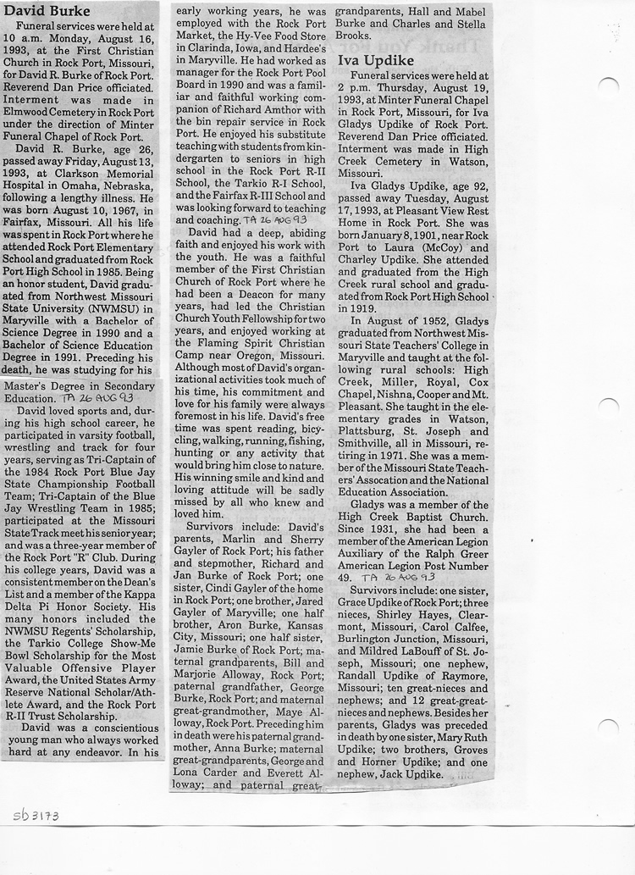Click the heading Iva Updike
(378, 61)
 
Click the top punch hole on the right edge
(608, 86)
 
